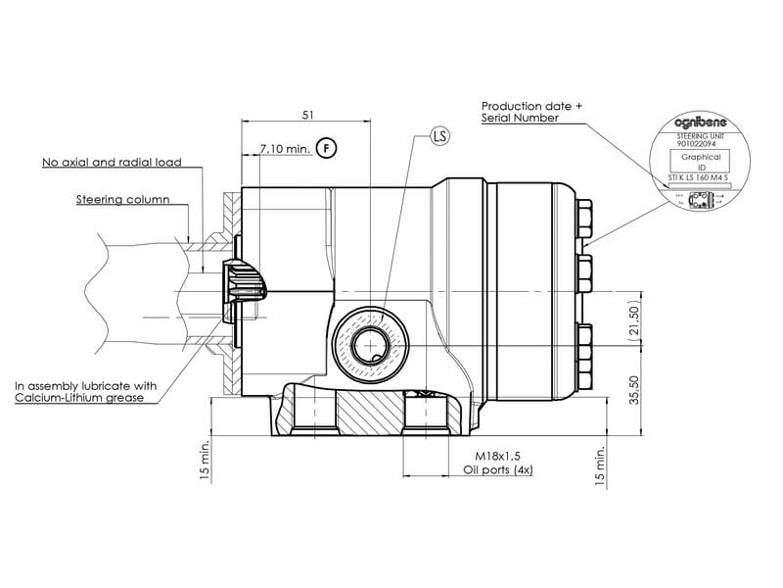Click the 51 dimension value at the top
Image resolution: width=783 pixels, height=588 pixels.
[x=307, y=115]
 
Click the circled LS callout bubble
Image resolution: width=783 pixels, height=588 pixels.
[x=438, y=136]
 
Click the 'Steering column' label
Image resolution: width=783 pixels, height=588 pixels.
[x=122, y=200]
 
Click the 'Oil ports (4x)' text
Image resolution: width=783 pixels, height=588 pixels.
[x=497, y=470]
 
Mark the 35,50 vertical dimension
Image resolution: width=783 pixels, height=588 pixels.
[x=633, y=388]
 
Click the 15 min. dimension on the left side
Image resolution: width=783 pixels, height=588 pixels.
[x=205, y=459]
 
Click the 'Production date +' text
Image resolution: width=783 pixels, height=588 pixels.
[x=530, y=105]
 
